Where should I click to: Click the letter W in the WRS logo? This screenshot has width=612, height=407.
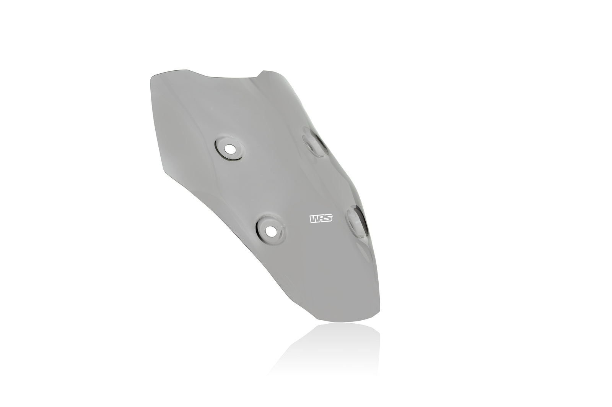click(x=313, y=219)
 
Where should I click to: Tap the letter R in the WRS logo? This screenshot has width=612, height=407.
click(x=321, y=219)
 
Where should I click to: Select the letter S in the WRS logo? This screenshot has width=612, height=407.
click(x=328, y=219)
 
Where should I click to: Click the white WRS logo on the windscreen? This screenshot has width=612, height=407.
click(x=321, y=219)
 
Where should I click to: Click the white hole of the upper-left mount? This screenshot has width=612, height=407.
click(x=230, y=148)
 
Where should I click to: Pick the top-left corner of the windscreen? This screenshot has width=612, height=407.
click(x=151, y=75)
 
